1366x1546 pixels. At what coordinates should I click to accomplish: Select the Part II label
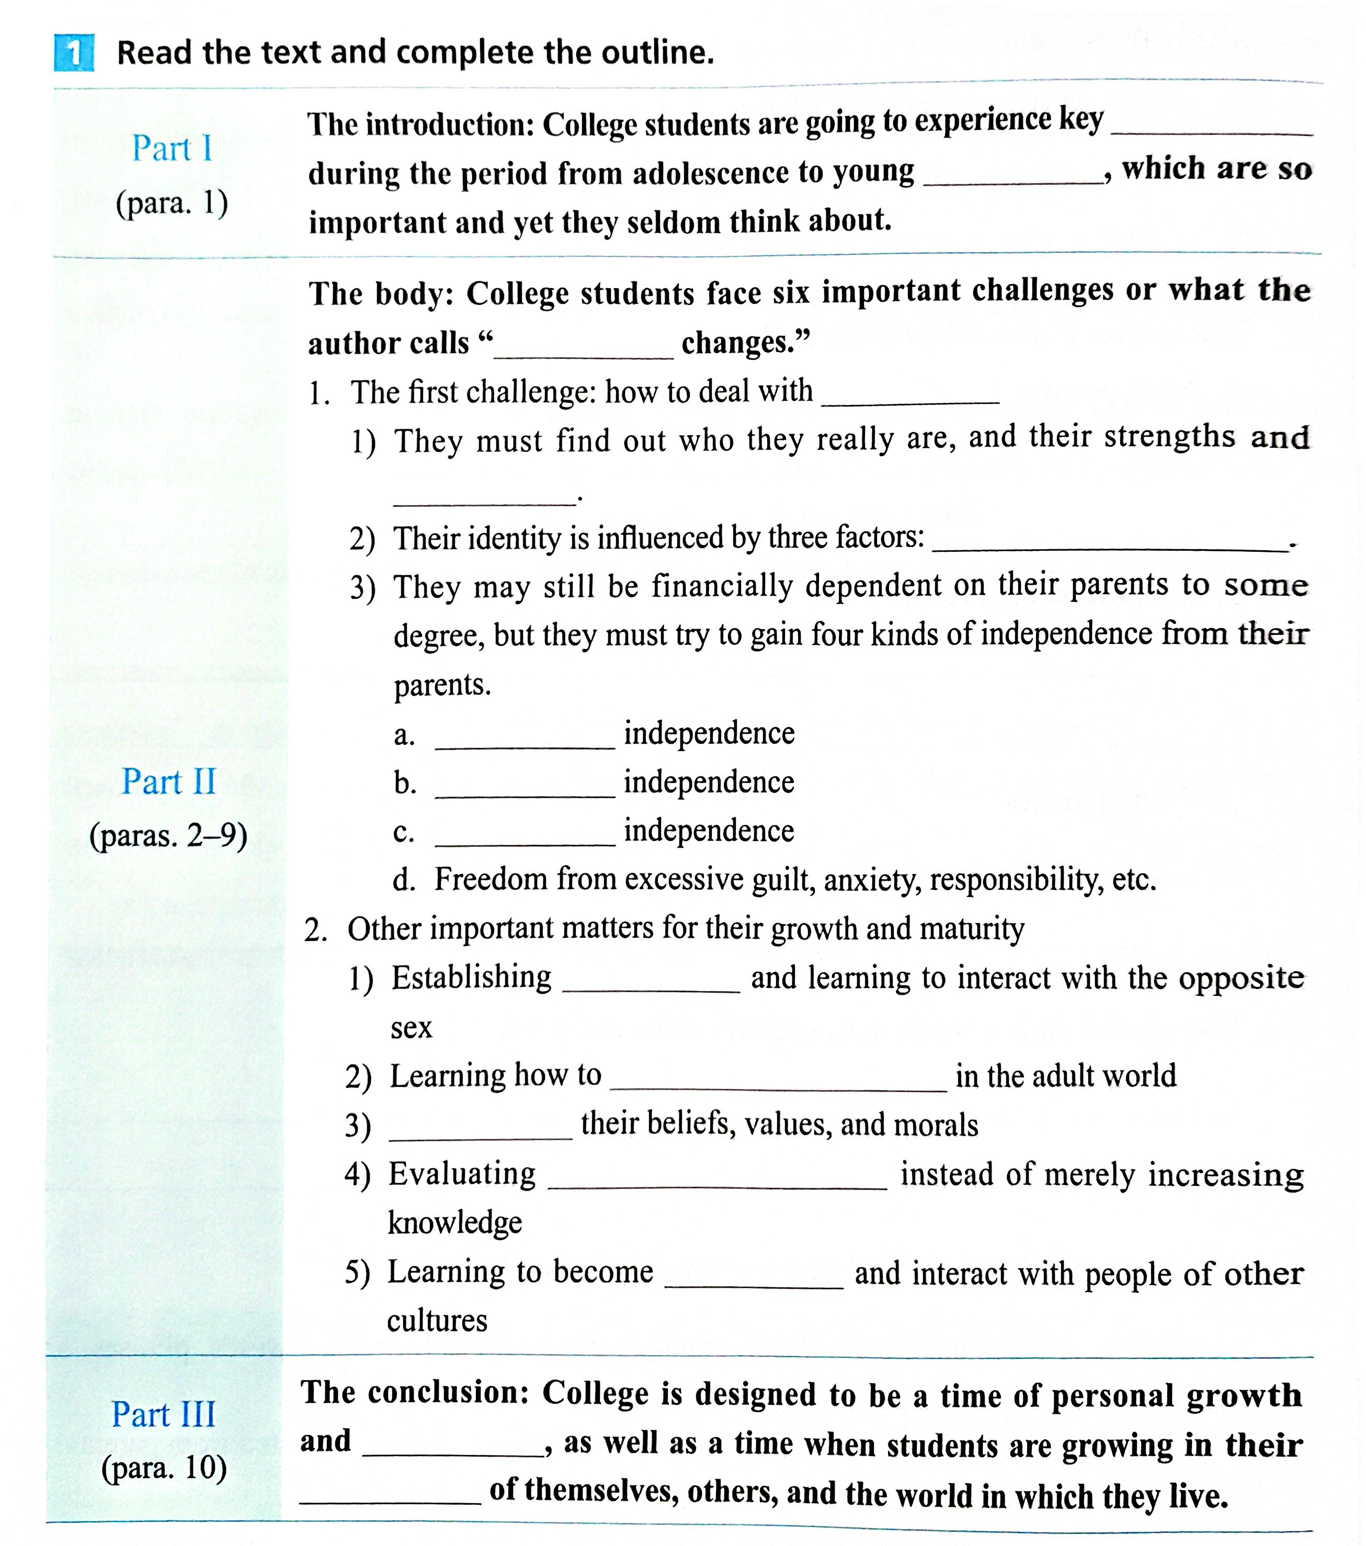(x=169, y=781)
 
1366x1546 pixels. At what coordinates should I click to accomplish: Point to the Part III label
(x=163, y=1414)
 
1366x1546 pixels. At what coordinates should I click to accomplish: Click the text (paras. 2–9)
(x=169, y=836)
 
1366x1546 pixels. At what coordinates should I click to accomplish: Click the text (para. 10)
(x=164, y=1468)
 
